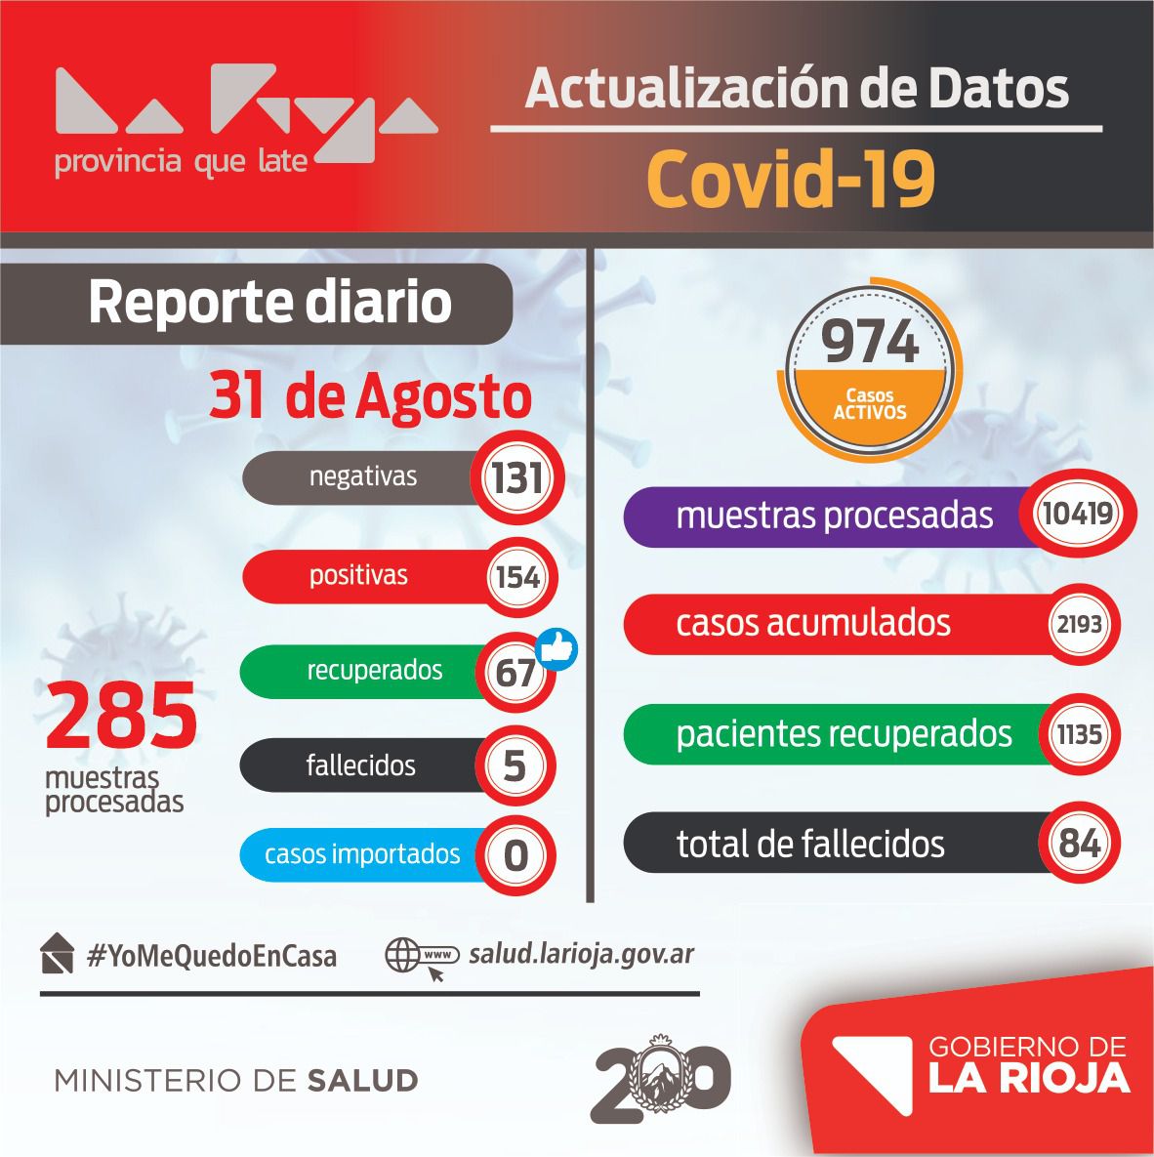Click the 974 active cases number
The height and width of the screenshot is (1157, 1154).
[869, 342]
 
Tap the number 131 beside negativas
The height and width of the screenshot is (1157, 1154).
[516, 478]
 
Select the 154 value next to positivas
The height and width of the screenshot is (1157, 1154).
[517, 577]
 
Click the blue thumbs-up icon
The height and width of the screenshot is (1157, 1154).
[557, 648]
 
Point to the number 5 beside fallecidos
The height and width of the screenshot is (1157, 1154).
[515, 766]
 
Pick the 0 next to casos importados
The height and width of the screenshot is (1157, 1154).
[515, 856]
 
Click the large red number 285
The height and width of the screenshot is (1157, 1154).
[121, 717]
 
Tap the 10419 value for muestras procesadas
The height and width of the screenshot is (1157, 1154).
[1077, 513]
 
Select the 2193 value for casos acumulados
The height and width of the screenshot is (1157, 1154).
[1079, 623]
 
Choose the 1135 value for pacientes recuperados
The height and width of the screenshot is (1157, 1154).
[1079, 733]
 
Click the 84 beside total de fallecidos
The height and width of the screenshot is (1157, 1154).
[1079, 844]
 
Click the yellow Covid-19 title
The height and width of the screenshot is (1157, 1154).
[791, 179]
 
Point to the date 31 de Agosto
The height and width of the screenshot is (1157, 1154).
[371, 396]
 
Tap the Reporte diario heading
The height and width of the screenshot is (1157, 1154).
[269, 303]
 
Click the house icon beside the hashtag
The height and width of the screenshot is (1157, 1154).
[58, 954]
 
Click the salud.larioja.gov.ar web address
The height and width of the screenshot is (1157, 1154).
[582, 953]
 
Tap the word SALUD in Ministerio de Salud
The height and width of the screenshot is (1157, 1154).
[362, 1081]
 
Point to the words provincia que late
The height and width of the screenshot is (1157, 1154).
[181, 161]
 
